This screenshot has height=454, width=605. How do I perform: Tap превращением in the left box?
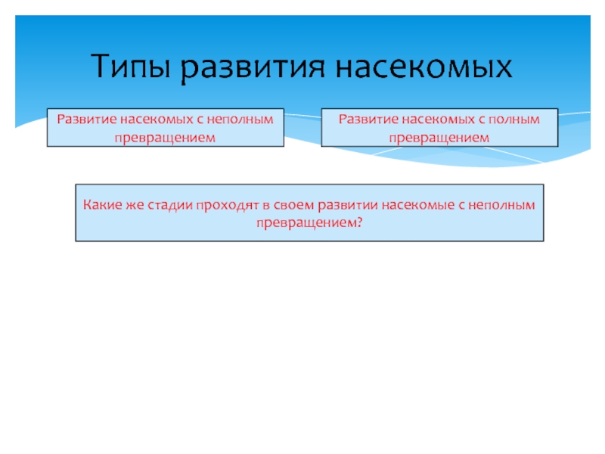(165, 137)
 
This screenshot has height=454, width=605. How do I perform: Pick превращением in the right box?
(439, 137)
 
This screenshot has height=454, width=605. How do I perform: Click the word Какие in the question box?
(101, 204)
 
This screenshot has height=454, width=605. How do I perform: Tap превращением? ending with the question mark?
(309, 222)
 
